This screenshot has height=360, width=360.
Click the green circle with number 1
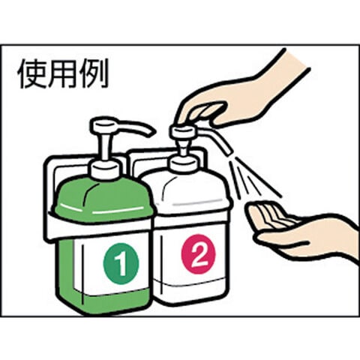(121, 264)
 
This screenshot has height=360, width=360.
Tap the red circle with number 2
(198, 254)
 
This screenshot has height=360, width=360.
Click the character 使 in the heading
(32, 73)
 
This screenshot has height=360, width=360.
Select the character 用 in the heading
(63, 73)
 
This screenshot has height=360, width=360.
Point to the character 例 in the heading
(94, 73)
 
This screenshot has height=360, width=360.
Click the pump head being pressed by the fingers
(183, 130)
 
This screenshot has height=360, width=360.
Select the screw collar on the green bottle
(105, 170)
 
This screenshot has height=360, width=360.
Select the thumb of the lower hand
(283, 239)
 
